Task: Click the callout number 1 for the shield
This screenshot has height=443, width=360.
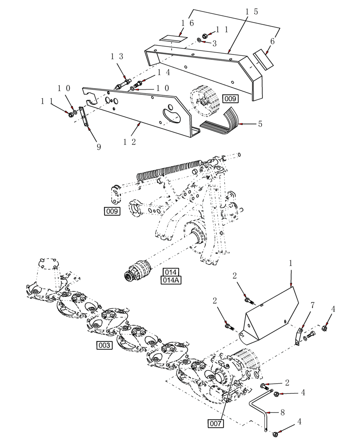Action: tap(290, 263)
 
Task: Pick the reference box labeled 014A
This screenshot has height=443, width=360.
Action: tap(171, 280)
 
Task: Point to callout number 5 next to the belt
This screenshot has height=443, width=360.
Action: tap(260, 124)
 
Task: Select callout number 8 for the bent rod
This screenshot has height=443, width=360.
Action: tap(282, 412)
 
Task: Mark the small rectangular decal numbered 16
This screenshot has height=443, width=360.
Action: tap(171, 39)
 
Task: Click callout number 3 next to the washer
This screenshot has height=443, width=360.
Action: tap(215, 43)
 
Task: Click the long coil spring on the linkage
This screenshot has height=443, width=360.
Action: tap(169, 171)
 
